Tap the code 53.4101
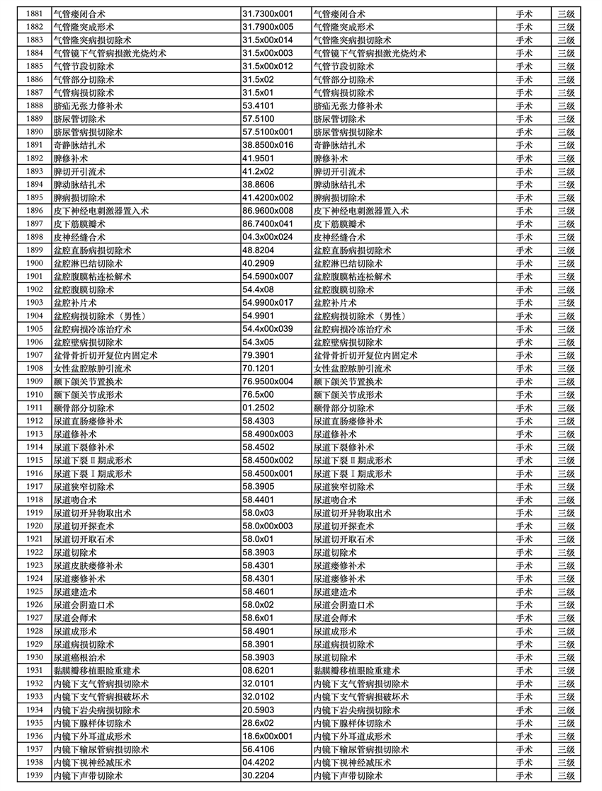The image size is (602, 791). (258, 105)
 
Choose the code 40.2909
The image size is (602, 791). (258, 263)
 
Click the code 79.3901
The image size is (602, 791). (258, 355)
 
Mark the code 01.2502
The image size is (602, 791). (258, 408)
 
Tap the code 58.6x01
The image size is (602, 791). (258, 618)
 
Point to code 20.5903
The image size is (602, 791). (258, 710)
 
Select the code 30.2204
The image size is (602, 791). (258, 775)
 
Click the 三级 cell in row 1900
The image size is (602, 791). (565, 263)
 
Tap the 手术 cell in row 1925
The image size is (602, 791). (524, 591)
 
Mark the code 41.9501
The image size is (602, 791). (258, 158)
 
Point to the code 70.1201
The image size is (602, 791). (258, 369)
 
